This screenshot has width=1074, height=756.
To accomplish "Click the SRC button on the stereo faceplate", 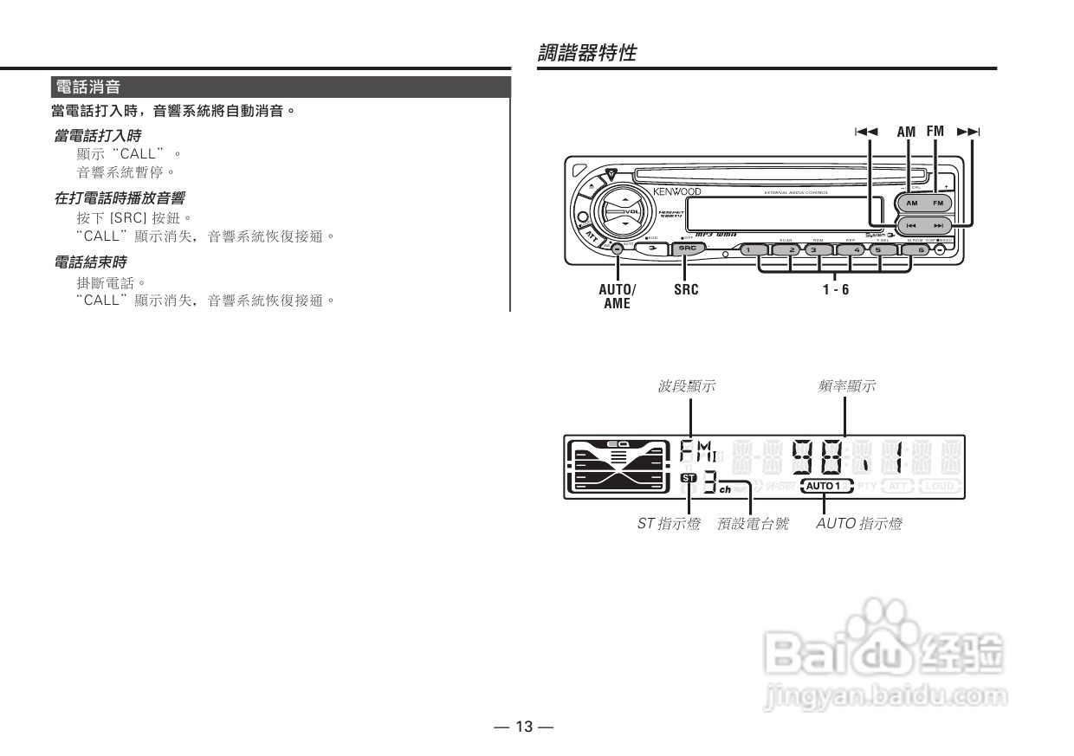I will pos(688,249).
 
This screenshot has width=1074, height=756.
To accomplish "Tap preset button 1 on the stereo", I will pos(753,250).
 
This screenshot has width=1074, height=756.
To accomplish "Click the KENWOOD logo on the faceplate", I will pos(676,191).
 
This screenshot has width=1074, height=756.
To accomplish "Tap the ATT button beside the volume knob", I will pos(592,235).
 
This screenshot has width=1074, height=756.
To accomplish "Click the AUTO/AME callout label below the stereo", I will pos(617,296).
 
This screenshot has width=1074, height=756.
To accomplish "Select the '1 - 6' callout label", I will pos(836,289).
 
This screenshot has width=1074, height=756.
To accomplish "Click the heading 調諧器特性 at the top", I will pos(586,53).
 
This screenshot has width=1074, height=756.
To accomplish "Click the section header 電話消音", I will pos(87,87).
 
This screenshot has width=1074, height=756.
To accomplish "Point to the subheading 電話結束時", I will pos(90,262).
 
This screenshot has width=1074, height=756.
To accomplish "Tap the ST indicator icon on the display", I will pos(688,478).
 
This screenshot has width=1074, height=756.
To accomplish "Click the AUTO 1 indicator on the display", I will pos(826,486).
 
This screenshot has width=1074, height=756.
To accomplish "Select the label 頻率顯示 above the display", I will pos(846,386).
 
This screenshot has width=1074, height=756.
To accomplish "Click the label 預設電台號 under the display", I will pos(753,524).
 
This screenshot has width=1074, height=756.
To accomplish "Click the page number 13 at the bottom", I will pos(524,727).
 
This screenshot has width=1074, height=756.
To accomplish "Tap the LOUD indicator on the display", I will pos(940,486).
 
